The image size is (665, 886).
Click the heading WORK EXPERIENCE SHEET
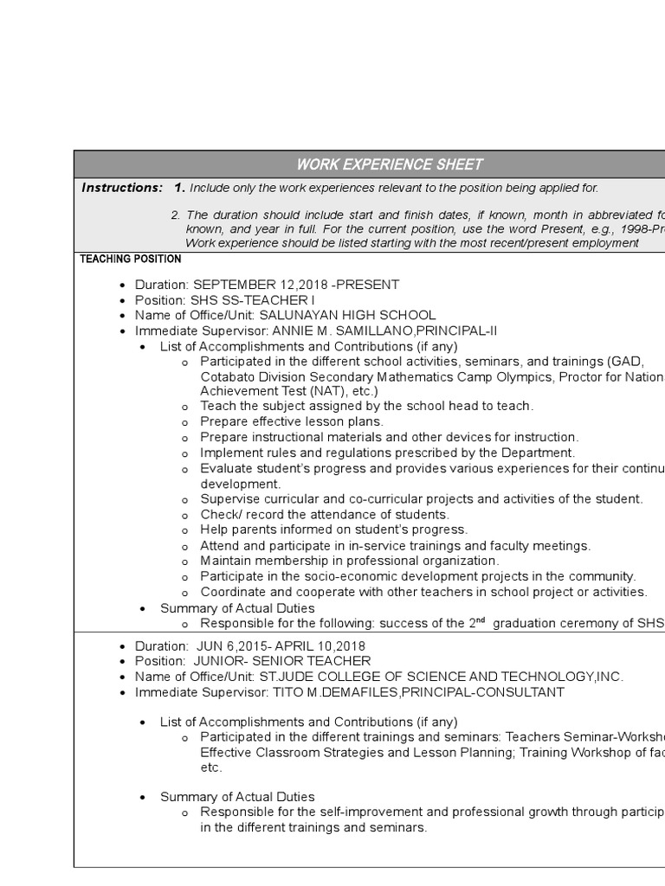point(390,164)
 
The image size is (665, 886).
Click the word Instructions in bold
point(121,188)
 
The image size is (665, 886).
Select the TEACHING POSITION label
point(131,259)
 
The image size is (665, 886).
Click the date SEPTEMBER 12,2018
point(257,285)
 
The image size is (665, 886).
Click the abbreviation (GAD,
point(626,362)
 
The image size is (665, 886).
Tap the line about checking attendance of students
point(325,515)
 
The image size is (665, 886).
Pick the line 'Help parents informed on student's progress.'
point(333,530)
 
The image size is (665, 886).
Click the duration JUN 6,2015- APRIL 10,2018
point(279,646)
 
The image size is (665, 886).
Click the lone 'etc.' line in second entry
point(211,767)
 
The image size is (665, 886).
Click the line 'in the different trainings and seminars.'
point(313,828)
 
